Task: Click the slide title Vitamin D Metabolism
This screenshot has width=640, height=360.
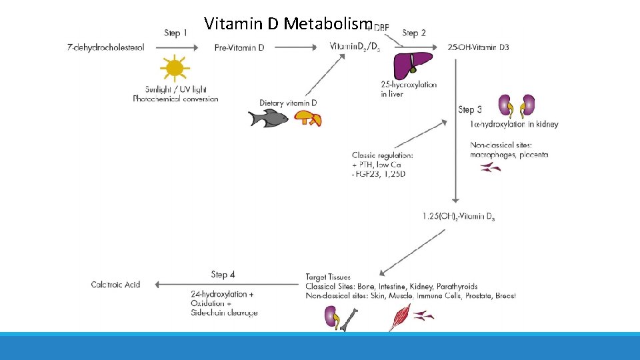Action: tap(287, 24)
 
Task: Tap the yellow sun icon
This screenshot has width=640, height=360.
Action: tap(175, 68)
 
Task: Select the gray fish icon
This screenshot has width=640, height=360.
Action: tap(267, 118)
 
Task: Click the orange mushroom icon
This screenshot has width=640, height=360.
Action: tap(308, 118)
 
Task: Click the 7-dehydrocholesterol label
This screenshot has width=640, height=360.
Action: tap(106, 47)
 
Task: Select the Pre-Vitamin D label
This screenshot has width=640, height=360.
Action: tap(239, 47)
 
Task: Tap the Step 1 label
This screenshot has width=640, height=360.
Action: tap(176, 33)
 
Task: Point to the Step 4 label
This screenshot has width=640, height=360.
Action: tap(223, 274)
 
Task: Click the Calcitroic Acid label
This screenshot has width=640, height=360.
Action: tap(116, 285)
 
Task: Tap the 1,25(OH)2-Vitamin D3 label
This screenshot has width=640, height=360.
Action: tap(459, 216)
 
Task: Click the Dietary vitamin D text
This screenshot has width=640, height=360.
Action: tap(288, 103)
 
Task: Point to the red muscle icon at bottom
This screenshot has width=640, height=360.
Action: tap(400, 317)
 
